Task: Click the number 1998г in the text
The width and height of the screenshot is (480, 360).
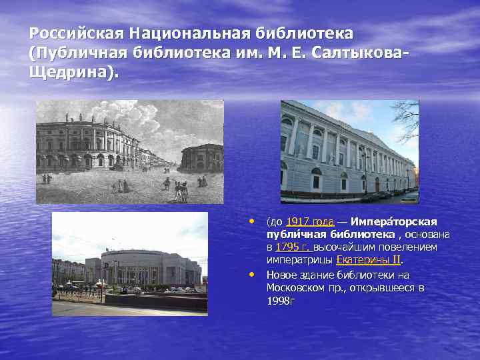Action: click(281, 301)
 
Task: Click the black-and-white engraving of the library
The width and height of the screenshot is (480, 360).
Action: click(129, 151)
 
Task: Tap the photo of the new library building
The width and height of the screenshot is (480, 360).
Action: click(129, 263)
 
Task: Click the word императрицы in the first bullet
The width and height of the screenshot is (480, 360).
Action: click(299, 260)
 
